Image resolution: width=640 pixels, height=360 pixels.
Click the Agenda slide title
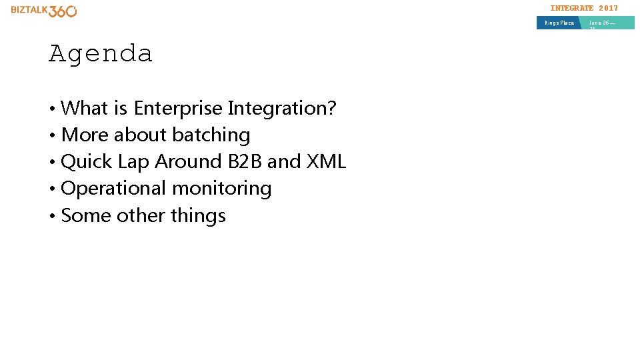pos(101,53)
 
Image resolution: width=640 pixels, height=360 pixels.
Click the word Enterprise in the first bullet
pos(178,108)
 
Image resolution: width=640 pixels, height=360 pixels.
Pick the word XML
pos(326,162)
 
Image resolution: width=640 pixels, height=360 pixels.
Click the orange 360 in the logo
pos(63,11)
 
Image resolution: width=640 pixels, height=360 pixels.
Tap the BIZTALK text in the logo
pos(29,11)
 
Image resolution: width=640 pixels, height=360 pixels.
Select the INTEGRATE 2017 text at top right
pos(584,8)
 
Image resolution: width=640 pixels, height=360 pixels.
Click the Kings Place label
pos(559,23)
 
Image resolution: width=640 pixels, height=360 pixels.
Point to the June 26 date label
pos(602,23)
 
